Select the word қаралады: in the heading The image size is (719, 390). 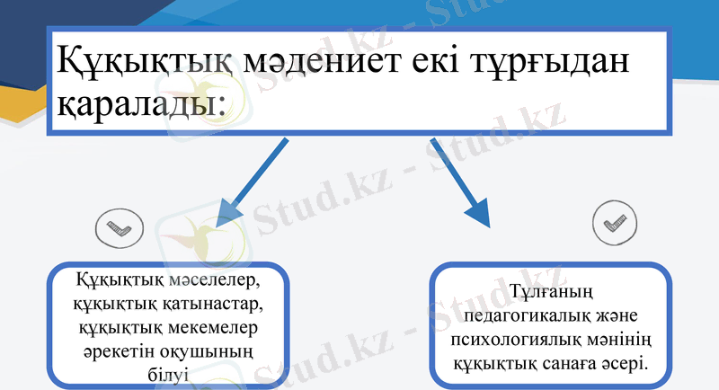pyautogui.click(x=140, y=106)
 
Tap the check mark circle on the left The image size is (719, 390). pyautogui.click(x=113, y=230)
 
